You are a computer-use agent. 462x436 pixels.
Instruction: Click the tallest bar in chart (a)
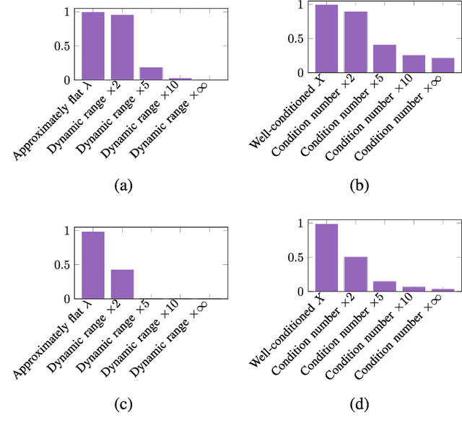[93, 45]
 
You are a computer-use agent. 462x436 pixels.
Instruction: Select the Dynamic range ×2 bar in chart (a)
[122, 47]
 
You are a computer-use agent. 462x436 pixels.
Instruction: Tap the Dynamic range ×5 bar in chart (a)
[151, 73]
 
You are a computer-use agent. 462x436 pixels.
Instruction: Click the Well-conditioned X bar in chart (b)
[326, 39]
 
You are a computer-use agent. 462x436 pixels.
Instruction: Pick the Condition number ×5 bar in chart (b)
[385, 58]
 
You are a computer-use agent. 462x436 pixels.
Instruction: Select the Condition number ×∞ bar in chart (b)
[443, 65]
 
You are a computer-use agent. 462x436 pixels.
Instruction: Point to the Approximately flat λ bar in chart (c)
[93, 265]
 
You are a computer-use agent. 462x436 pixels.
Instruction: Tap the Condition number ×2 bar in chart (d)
[355, 274]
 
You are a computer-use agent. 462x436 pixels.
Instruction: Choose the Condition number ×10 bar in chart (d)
[414, 289]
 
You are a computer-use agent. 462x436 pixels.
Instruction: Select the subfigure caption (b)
[359, 186]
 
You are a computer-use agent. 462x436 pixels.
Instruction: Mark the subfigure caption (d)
[359, 404]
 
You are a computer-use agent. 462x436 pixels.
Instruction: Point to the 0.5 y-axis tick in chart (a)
[65, 46]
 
